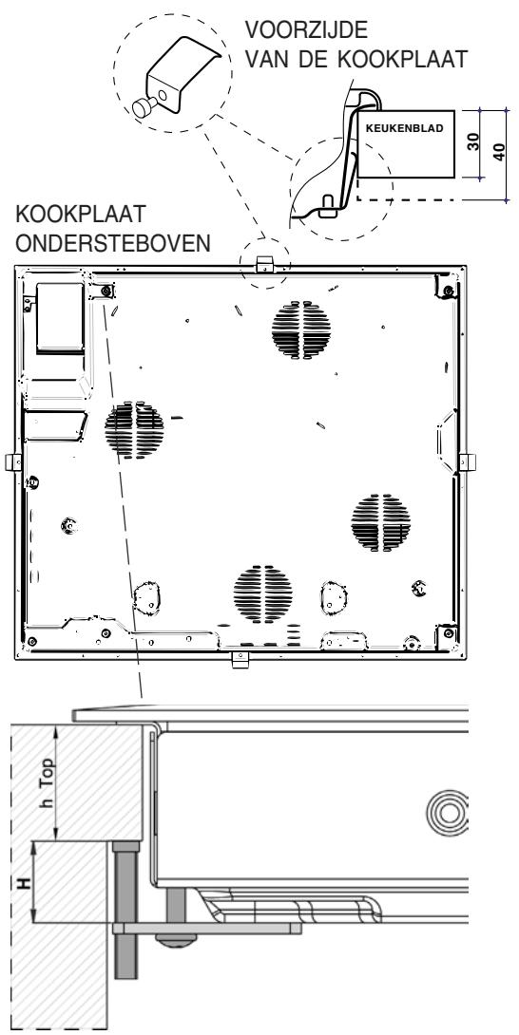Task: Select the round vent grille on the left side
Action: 134,428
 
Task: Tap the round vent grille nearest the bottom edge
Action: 259,593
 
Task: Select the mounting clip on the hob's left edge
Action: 14,461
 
